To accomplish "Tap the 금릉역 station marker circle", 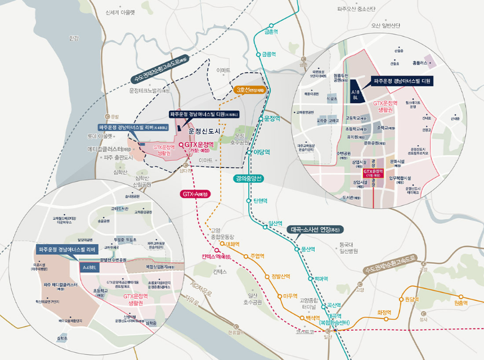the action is [258, 55].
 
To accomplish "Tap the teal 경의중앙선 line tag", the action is [250, 179].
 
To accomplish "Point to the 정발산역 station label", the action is [281, 276].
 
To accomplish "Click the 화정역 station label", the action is [384, 312].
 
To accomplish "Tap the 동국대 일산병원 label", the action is [349, 248].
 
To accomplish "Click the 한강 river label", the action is [74, 38].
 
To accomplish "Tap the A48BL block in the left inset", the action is [89, 268].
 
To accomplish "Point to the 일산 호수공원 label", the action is [250, 299].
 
